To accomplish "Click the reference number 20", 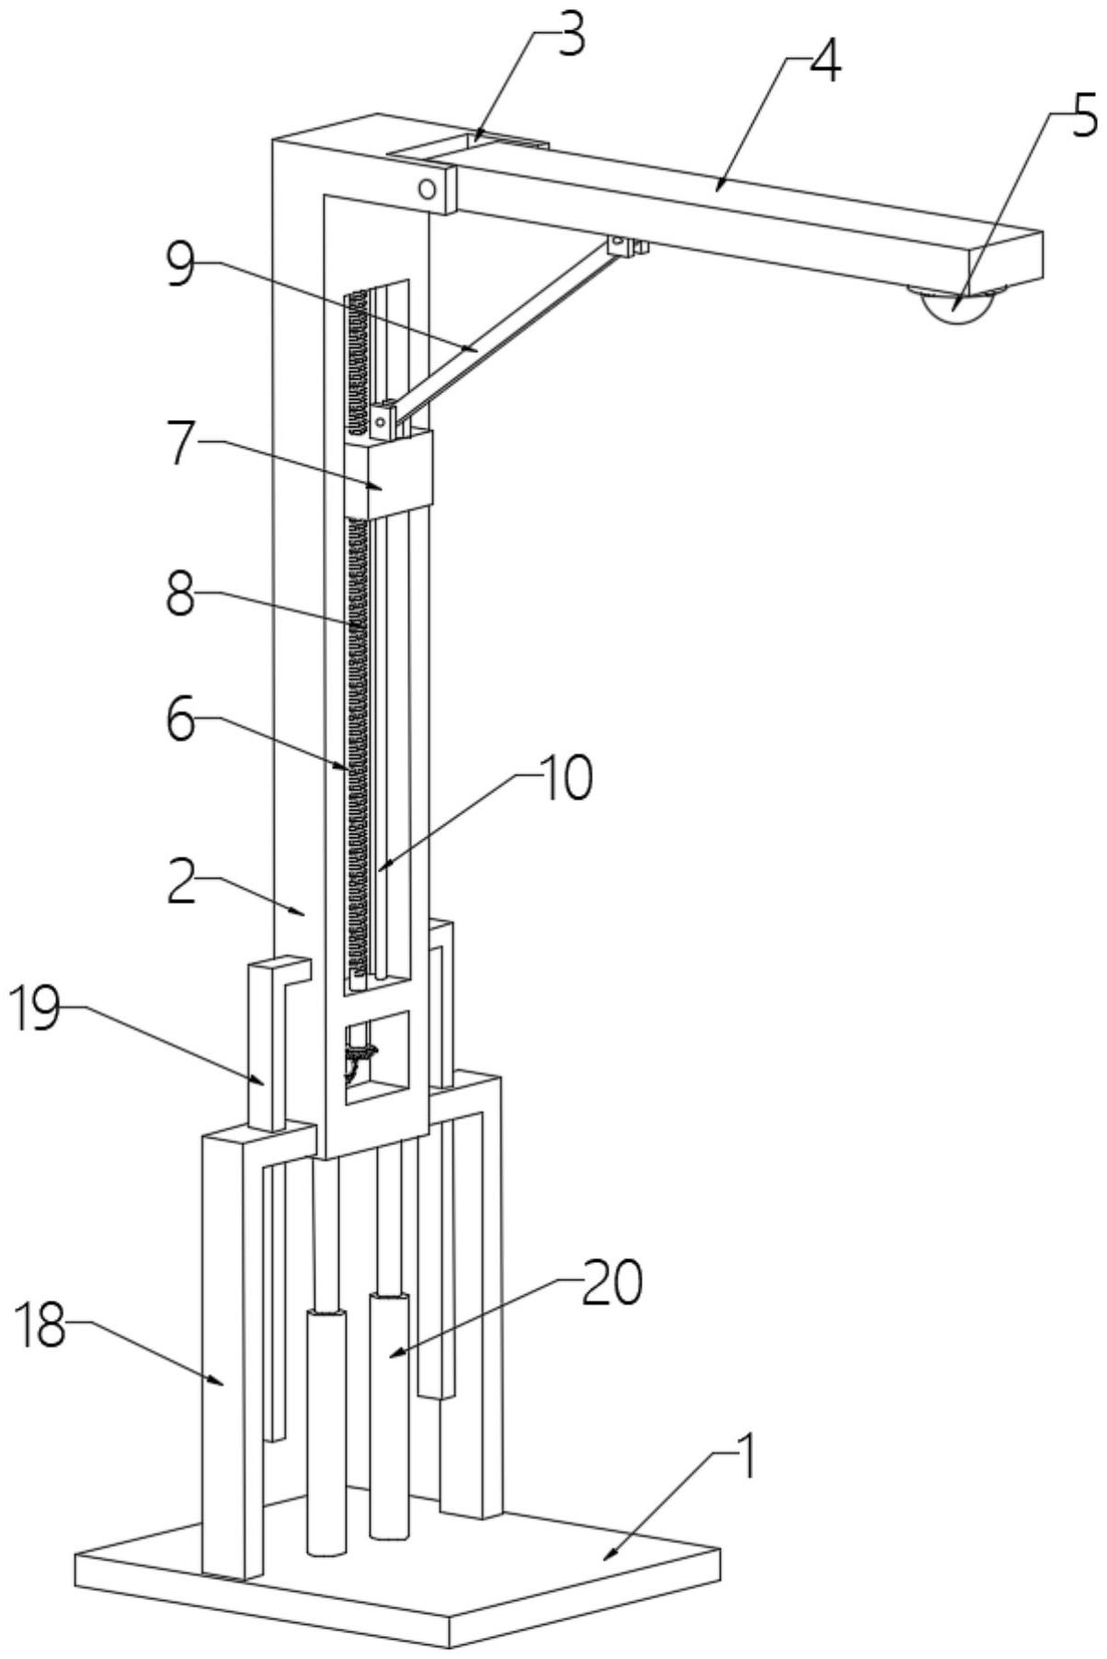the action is (611, 1284).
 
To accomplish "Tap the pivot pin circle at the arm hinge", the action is (426, 190).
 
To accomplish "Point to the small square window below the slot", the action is (375, 1057).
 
